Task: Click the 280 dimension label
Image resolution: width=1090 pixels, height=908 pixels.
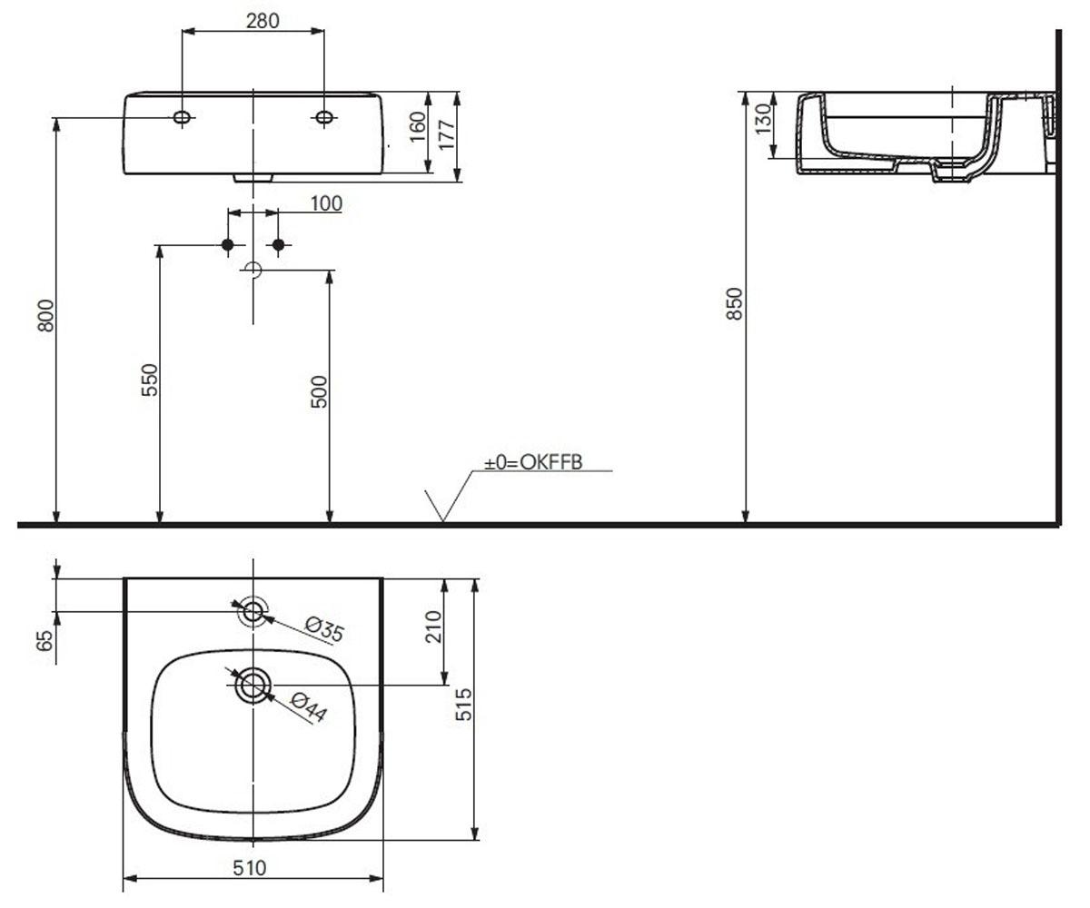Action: [263, 21]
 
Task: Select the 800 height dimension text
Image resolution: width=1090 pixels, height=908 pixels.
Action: [46, 315]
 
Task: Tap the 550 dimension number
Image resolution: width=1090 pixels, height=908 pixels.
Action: [150, 380]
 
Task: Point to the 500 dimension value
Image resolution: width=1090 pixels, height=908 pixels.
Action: [319, 391]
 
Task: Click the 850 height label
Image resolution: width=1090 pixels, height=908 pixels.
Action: [734, 303]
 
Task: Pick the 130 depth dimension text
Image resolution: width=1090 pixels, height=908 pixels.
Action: [763, 118]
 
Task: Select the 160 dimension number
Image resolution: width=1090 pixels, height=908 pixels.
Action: [418, 127]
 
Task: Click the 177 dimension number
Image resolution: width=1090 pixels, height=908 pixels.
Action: [448, 134]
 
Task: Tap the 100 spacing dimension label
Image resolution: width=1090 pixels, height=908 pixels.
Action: [326, 203]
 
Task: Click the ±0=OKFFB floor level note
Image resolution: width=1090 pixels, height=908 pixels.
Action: [533, 462]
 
